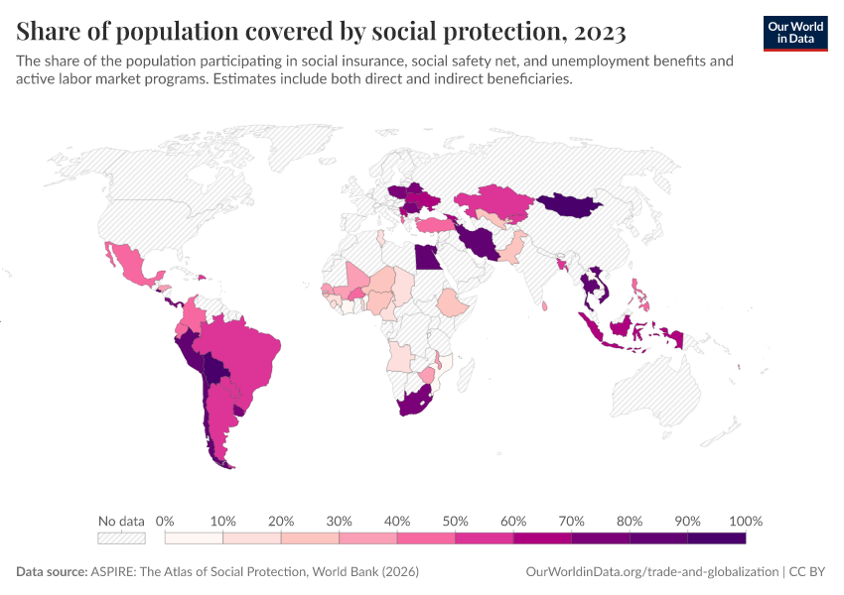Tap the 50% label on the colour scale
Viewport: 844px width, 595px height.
click(x=455, y=521)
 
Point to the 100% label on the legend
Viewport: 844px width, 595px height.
click(x=745, y=521)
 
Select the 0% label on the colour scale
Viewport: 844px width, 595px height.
click(x=166, y=521)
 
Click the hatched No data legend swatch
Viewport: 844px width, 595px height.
click(x=121, y=537)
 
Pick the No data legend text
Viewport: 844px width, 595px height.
click(x=121, y=521)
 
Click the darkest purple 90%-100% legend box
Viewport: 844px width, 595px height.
click(x=716, y=537)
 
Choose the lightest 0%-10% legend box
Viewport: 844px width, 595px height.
click(x=194, y=537)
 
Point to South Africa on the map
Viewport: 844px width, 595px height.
click(x=416, y=405)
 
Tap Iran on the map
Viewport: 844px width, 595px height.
click(x=479, y=241)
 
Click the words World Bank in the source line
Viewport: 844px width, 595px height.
click(x=352, y=572)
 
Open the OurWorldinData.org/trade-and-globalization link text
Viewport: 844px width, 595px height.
click(x=650, y=572)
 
